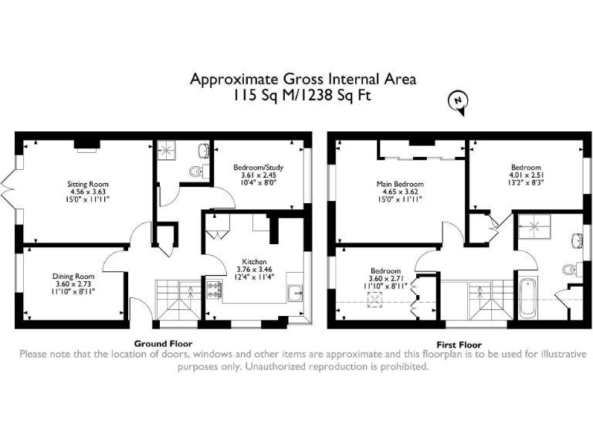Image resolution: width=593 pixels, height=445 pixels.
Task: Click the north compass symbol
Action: pos(458,101)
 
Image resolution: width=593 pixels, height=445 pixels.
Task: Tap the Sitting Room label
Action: pos(86,185)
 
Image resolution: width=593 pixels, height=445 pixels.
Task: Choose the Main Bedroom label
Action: pos(397,184)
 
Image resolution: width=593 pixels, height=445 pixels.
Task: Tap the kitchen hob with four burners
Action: pos(213,290)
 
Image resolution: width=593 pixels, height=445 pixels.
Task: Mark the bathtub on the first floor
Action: pos(528,297)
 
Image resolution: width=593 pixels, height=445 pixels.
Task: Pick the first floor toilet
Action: pos(570,269)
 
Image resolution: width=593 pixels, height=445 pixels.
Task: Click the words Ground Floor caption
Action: pos(163,343)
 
